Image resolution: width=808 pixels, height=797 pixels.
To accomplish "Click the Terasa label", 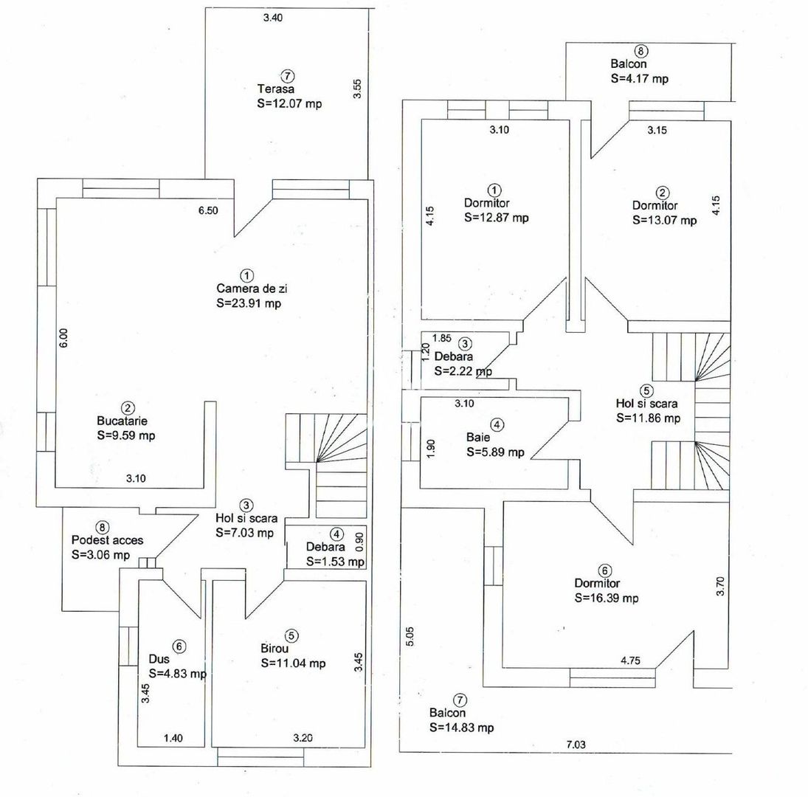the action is click(x=276, y=89).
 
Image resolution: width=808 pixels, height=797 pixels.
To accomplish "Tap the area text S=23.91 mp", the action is click(x=249, y=303).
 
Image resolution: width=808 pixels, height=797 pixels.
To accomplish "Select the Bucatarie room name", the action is click(x=122, y=421).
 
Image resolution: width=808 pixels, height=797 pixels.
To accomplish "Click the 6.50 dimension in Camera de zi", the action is click(x=208, y=210).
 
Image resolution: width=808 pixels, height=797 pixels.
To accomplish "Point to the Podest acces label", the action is click(x=107, y=540).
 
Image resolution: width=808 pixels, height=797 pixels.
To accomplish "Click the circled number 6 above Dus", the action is click(x=179, y=646).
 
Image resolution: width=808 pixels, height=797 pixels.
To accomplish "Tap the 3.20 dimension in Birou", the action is click(x=303, y=738).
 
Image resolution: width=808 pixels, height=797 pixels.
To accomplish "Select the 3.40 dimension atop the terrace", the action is click(x=272, y=18).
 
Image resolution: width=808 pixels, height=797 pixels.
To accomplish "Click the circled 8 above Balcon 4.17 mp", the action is click(x=641, y=51).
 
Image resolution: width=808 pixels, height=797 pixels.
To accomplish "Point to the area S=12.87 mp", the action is click(x=497, y=218).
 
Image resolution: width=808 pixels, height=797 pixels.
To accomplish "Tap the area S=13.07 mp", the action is click(x=665, y=220).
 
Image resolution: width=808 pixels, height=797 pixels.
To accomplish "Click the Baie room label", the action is click(x=478, y=438).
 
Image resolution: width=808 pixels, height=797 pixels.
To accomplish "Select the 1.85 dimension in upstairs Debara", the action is click(x=441, y=338).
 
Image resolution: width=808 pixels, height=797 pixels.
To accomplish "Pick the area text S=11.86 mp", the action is click(x=649, y=418).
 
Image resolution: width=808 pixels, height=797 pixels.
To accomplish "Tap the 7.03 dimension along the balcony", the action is click(x=576, y=744).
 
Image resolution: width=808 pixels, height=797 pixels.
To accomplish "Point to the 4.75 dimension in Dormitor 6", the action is click(x=631, y=660).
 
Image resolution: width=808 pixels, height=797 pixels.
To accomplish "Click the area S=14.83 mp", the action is click(x=461, y=728).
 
